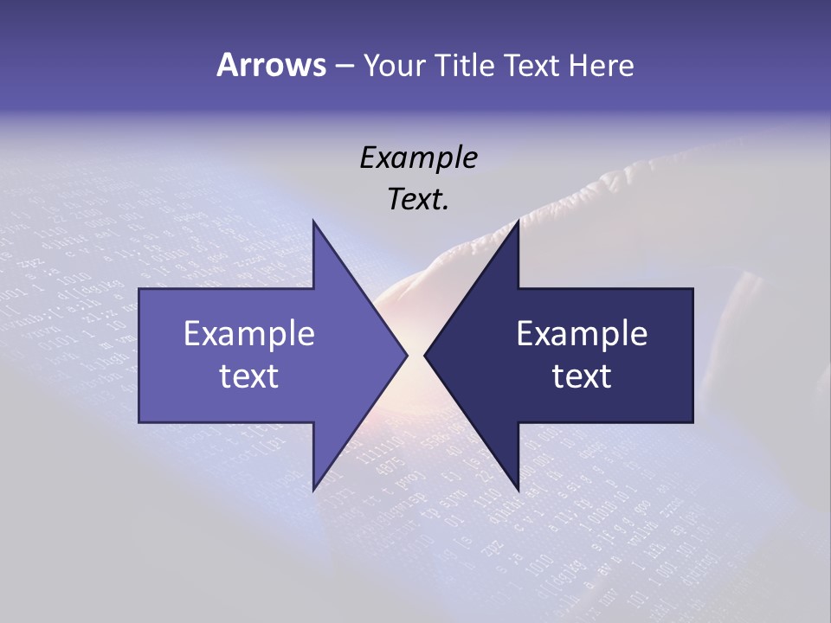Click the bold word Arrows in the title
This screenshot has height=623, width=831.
[271, 65]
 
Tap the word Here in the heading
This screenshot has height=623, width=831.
[601, 65]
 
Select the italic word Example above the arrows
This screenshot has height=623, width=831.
[418, 157]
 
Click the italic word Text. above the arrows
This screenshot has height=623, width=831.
[418, 200]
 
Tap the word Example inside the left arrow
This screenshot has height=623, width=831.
[249, 334]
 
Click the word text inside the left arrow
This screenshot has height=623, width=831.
[249, 376]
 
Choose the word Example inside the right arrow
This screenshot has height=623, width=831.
[582, 334]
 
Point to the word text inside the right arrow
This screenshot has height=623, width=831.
[582, 376]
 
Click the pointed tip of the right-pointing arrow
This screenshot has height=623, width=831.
[407, 355]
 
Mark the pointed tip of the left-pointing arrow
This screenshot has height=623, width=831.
[425, 355]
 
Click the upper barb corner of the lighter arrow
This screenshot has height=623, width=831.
[313, 222]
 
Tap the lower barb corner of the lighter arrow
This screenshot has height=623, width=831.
[313, 489]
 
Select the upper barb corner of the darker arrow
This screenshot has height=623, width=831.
[518, 222]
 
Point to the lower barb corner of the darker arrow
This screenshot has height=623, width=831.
[518, 489]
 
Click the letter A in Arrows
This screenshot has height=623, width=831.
[226, 65]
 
